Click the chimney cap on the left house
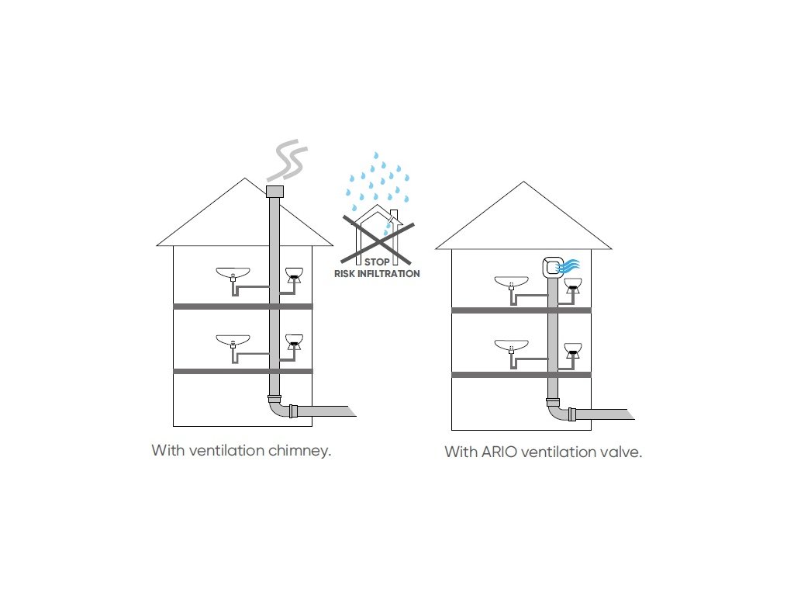pyautogui.click(x=274, y=191)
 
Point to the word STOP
pyautogui.click(x=377, y=263)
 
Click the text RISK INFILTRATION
pyautogui.click(x=377, y=274)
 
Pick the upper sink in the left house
pyautogui.click(x=233, y=273)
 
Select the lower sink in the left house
pyautogui.click(x=233, y=340)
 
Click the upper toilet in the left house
pyautogui.click(x=294, y=275)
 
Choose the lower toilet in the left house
pyautogui.click(x=294, y=341)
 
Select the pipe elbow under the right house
pyautogui.click(x=556, y=411)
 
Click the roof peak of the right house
pyautogui.click(x=524, y=184)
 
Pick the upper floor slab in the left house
pyautogui.click(x=242, y=307)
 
